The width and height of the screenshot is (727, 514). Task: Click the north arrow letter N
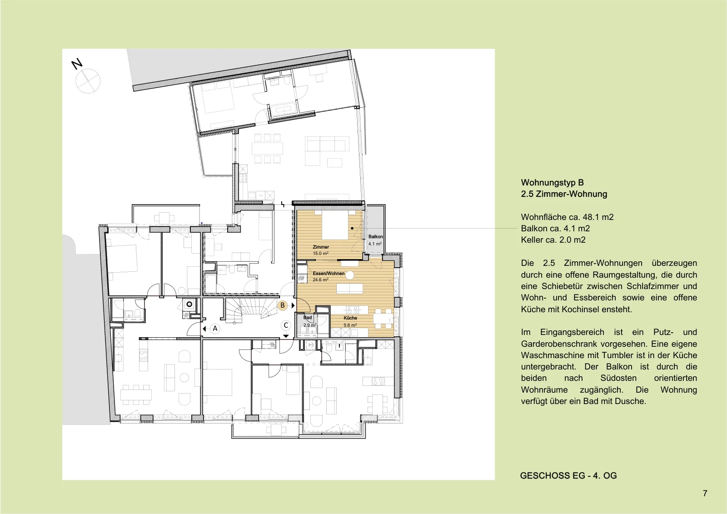pos(77,64)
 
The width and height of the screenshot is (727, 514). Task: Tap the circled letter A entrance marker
pos(215,329)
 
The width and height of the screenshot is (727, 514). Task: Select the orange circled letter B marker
pos(283,305)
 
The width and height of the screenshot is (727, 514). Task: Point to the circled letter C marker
pos(286,325)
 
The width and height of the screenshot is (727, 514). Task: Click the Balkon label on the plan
pos(375,237)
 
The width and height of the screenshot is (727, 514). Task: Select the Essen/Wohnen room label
pos(329,274)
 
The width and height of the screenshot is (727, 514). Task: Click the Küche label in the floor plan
pos(350,318)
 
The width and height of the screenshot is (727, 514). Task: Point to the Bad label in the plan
pos(307,318)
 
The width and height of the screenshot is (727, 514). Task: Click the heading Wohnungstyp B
pos(553,183)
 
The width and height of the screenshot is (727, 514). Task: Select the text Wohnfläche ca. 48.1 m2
pos(568,217)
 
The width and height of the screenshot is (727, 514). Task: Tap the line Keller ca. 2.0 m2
pos(553,240)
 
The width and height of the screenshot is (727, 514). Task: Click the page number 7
pos(705,493)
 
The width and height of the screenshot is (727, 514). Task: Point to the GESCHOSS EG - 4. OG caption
pos(568,476)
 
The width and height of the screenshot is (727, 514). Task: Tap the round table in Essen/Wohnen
pos(349,276)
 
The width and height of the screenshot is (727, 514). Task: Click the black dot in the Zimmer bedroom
pos(352,228)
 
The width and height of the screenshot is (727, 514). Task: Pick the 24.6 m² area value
pos(321,279)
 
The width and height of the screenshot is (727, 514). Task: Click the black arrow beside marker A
pos(204,329)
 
